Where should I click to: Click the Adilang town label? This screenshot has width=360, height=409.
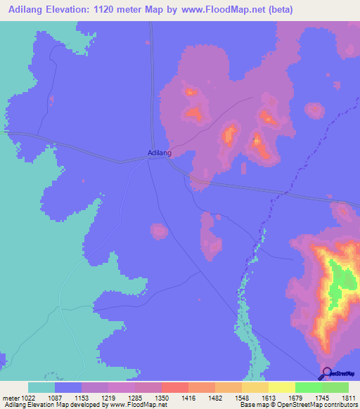(x=160, y=152)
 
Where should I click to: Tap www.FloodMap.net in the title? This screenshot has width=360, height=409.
(x=218, y=10)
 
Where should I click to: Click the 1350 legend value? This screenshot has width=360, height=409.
(x=161, y=398)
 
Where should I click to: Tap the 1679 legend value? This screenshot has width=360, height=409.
(x=295, y=398)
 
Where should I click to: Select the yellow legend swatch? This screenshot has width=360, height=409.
(x=282, y=387)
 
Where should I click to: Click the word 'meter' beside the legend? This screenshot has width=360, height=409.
(x=11, y=398)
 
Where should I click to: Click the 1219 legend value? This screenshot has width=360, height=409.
(x=108, y=398)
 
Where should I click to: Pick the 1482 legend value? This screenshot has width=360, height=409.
(x=214, y=398)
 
